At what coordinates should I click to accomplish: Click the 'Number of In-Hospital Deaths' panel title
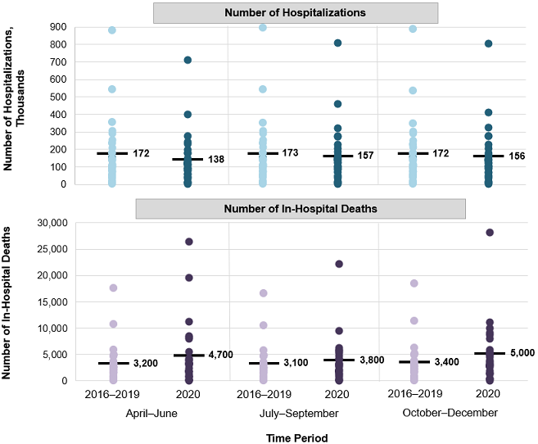(301, 209)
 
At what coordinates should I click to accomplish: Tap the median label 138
(214, 159)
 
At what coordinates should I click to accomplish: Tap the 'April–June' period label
(152, 413)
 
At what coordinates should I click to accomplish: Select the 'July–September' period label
(301, 413)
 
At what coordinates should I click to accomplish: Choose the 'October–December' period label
(450, 413)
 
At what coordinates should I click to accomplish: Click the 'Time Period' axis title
(300, 437)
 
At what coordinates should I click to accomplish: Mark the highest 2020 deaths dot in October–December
(489, 233)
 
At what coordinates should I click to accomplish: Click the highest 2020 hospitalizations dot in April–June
(188, 60)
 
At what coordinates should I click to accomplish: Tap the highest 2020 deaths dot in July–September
(339, 264)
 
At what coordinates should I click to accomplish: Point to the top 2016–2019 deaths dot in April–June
(113, 288)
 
